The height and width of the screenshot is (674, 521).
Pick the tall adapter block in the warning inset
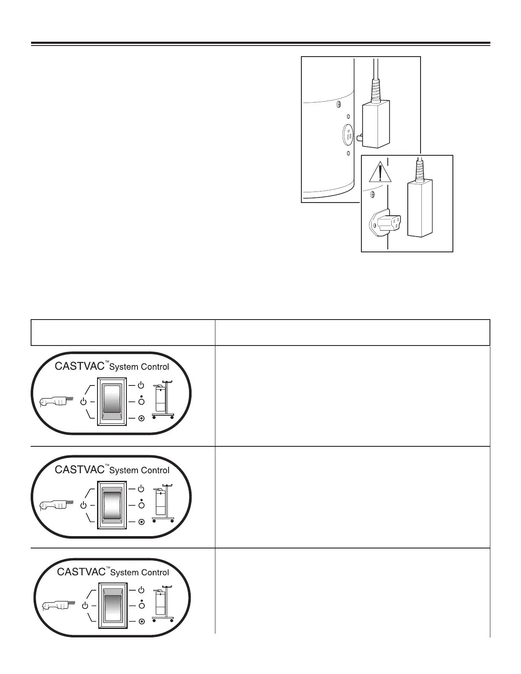tap(420, 208)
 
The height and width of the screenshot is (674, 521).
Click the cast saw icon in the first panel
tap(55, 401)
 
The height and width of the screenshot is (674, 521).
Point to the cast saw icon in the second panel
tap(55, 505)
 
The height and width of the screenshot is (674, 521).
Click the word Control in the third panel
tap(155, 573)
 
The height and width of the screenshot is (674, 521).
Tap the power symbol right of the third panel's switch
tap(142, 590)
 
